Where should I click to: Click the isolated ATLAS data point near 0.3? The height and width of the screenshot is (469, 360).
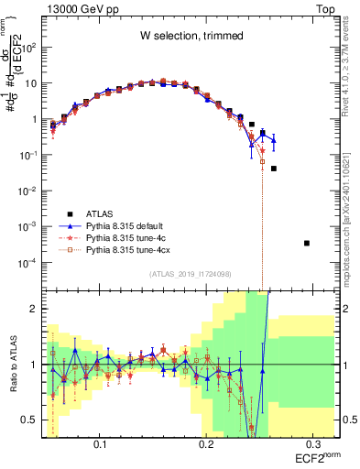(307, 243)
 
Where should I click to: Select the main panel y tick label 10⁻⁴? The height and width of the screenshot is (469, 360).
(30, 262)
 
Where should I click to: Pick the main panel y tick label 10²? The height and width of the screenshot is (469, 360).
(32, 48)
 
